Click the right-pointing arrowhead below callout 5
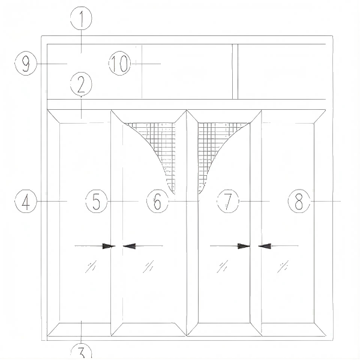click(109, 247)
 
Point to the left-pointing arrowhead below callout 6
click(129, 247)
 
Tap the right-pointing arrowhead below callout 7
click(244, 247)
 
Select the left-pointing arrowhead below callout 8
click(265, 247)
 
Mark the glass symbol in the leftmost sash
click(91, 266)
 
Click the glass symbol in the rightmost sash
click(283, 266)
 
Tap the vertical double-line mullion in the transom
click(235, 71)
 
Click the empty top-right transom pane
click(282, 71)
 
